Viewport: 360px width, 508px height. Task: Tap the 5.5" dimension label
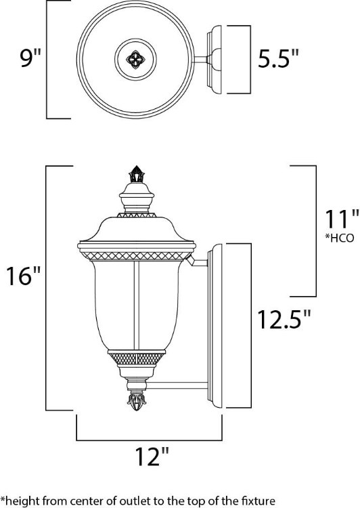[x=277, y=60]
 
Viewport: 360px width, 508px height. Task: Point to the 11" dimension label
[x=339, y=219]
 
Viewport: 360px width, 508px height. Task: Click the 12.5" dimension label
[x=284, y=318]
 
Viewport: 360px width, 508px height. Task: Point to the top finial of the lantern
[x=137, y=176]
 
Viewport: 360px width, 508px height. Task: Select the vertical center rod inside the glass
[x=138, y=305]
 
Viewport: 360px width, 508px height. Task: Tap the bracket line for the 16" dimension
[x=46, y=288]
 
